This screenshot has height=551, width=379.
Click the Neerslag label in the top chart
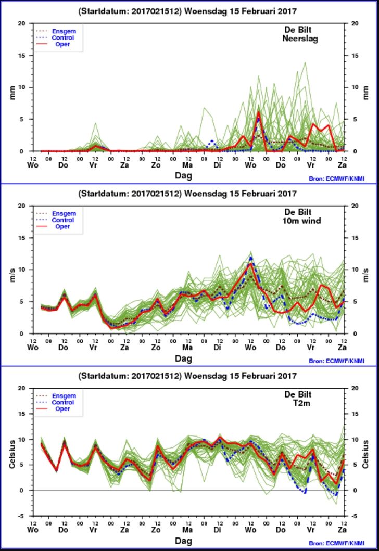click(x=300, y=39)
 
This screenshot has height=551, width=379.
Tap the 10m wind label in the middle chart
click(x=301, y=221)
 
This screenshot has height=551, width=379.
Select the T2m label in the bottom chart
click(x=301, y=403)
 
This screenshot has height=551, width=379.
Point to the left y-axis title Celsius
click(x=12, y=454)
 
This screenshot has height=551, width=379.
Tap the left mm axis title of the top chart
click(x=12, y=93)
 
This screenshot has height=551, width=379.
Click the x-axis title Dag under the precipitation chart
click(x=183, y=175)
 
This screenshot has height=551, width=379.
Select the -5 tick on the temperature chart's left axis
click(x=22, y=516)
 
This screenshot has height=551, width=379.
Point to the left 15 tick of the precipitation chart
click(x=22, y=56)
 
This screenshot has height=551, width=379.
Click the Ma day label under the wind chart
click(x=187, y=348)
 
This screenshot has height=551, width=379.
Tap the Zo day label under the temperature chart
click(x=156, y=530)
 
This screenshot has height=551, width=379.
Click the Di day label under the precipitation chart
click(x=217, y=165)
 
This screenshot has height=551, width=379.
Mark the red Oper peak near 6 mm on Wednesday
click(x=258, y=112)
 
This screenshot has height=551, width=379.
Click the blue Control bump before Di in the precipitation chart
click(x=212, y=142)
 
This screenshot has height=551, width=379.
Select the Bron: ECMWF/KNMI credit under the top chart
click(x=336, y=178)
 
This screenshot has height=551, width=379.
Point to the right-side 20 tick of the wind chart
click(x=355, y=206)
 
